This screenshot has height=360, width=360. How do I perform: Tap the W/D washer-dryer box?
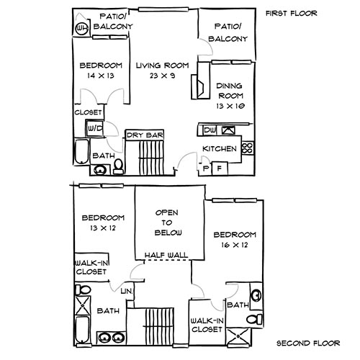coord(94,128)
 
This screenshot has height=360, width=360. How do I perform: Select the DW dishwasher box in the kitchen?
coord(210,130)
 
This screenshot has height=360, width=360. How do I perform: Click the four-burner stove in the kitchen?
coord(248,149)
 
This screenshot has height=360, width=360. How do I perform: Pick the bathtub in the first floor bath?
coord(81,155)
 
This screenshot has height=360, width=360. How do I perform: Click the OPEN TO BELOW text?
coord(169,223)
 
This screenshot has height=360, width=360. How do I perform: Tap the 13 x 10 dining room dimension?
coord(230,106)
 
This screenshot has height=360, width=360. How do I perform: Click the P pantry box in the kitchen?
coord(206,168)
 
